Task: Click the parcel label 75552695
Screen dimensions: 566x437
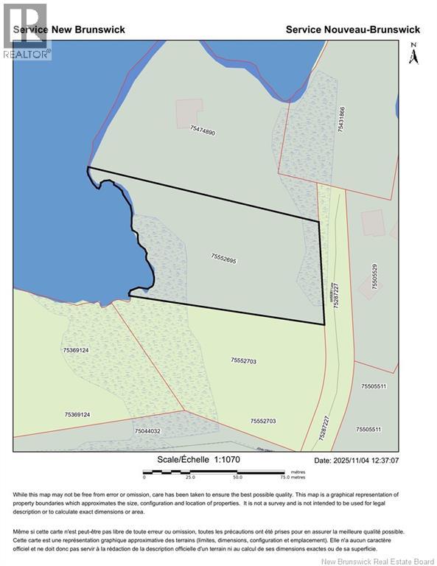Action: coord(223,258)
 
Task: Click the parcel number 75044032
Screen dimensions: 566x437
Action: coord(147,431)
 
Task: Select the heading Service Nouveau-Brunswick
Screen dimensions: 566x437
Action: coord(352,29)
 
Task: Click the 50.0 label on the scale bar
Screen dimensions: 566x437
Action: coord(237,478)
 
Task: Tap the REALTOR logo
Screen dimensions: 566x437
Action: coord(25,31)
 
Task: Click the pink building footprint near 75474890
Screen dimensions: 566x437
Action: coord(189,113)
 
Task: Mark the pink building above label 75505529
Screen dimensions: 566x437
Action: coord(373,222)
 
